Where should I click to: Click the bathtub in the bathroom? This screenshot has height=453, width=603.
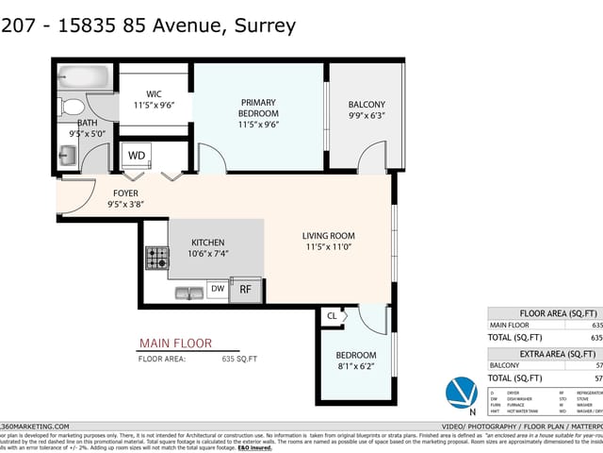pos(86,76)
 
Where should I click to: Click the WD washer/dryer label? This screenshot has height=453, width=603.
pos(137,155)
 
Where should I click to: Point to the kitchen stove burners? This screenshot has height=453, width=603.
pos(155,257)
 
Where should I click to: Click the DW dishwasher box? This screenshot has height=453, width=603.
pos(217,289)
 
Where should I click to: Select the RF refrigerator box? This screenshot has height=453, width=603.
pos(245,290)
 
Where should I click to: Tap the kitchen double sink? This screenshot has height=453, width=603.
pos(188,292)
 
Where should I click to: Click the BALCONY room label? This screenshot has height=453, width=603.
pos(367,105)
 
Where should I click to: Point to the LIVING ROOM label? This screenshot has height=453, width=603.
pos(328,236)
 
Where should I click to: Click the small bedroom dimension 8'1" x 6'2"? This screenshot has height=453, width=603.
pos(356,368)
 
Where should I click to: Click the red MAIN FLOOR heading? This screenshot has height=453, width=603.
pos(175,344)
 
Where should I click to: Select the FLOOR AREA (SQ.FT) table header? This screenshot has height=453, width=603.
pos(559,313)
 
